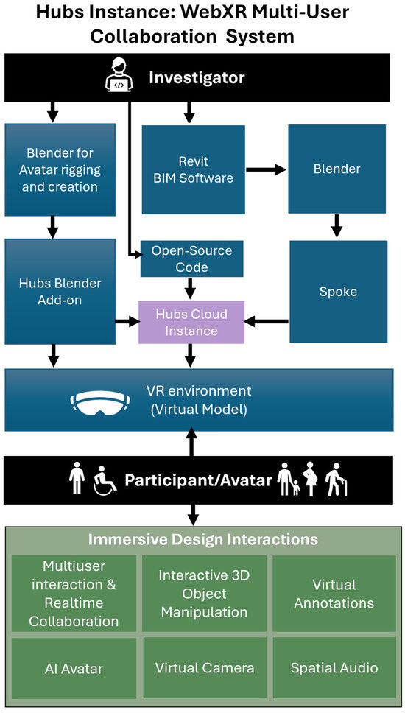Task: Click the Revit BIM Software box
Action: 193,169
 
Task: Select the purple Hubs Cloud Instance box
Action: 191,322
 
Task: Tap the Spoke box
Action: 338,291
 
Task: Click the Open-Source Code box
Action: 191,259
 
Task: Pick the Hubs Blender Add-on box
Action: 60,292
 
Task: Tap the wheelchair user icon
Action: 105,480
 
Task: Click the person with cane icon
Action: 336,479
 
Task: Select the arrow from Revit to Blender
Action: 265,169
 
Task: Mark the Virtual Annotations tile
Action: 334,594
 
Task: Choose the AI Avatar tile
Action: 74,668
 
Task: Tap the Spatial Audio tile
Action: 334,668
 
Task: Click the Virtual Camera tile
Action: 204,668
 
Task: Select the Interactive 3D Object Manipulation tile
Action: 204,594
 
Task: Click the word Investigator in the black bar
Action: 197,77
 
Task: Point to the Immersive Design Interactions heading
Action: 202,540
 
